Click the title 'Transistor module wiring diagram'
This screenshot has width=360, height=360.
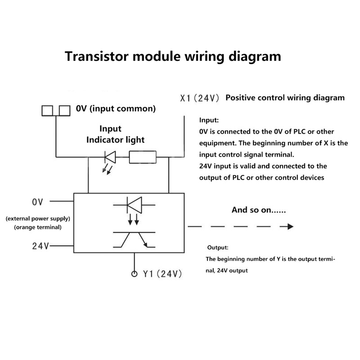(x=173, y=57)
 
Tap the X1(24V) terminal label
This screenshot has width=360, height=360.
(x=199, y=98)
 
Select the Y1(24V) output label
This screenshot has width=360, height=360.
(x=162, y=273)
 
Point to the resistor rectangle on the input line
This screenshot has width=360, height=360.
(x=142, y=157)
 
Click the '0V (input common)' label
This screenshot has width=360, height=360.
(x=116, y=108)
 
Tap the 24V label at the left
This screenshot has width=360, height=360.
(x=40, y=246)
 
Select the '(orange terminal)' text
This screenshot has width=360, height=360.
(x=38, y=227)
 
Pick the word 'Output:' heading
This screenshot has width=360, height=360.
(x=218, y=248)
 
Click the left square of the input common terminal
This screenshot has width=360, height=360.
(x=47, y=109)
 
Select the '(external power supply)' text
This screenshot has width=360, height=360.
(x=38, y=219)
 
